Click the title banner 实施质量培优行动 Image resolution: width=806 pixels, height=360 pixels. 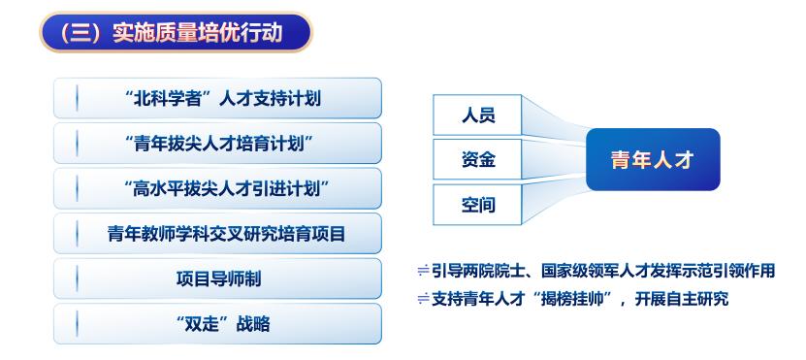point(176,32)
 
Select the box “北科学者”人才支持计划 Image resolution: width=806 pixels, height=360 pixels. point(217,98)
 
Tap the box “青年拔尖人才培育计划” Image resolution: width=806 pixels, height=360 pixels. point(217,144)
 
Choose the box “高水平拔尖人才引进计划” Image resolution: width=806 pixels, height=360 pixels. point(217,189)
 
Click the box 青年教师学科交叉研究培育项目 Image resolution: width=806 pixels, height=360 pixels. point(217,234)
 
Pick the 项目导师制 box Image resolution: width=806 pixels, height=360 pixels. point(217,278)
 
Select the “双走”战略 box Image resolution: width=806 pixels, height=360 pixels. point(217,324)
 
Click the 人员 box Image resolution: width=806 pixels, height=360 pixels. point(477,115)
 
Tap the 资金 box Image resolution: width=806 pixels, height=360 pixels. point(477,159)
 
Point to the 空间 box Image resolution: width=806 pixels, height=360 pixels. point(477,205)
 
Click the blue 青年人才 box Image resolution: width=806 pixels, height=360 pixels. point(653,159)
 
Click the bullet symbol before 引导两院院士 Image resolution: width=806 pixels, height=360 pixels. point(423,271)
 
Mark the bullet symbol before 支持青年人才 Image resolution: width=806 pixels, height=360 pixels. point(423,299)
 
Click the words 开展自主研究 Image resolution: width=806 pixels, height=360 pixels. point(682,299)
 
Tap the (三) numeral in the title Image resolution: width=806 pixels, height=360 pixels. point(80,33)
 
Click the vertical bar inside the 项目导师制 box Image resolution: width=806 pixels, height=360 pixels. point(77,278)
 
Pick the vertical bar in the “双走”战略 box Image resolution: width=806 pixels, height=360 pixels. point(77,324)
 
